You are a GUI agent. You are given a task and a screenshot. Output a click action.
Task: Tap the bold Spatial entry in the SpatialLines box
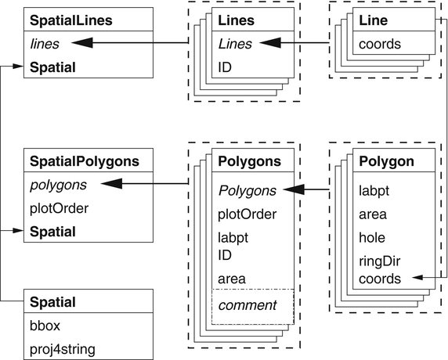[x=53, y=68]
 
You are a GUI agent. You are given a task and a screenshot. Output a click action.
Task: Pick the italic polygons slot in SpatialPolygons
[x=57, y=185]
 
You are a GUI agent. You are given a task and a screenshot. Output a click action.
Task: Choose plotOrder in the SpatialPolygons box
[x=59, y=209]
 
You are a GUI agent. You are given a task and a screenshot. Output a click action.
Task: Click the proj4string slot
[x=63, y=347]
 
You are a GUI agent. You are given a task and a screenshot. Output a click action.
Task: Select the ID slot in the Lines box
[x=226, y=68]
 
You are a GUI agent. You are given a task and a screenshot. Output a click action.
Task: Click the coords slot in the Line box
[x=379, y=44]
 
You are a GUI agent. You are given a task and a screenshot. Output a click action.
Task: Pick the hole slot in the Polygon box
[x=371, y=237]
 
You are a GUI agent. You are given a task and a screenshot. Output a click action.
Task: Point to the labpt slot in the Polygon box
[x=374, y=189]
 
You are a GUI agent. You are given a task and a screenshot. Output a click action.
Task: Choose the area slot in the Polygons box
[x=232, y=278]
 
